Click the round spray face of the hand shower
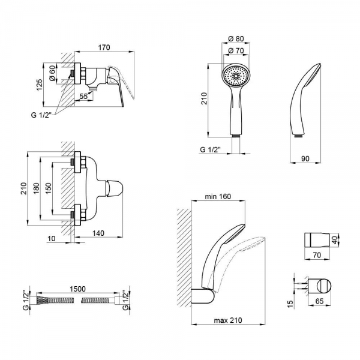pos(235,77)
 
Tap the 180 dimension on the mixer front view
pos(38,188)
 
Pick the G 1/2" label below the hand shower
pos(214,150)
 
